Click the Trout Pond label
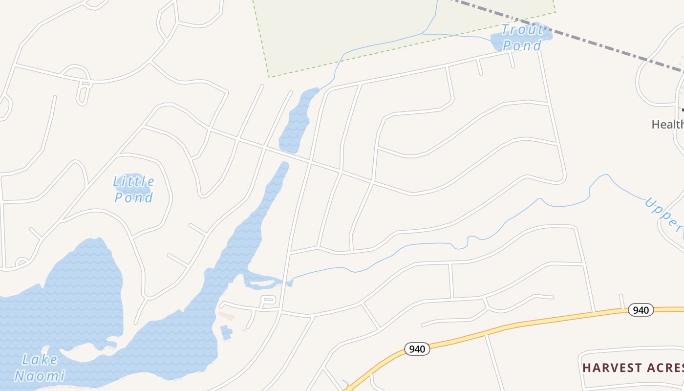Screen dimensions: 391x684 pyautogui.click(x=522, y=38)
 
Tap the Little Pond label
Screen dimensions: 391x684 pyautogui.click(x=133, y=190)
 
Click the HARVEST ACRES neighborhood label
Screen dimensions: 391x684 pyautogui.click(x=633, y=368)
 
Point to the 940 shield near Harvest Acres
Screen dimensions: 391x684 pyautogui.click(x=640, y=310)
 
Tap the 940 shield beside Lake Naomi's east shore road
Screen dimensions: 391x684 pyautogui.click(x=417, y=349)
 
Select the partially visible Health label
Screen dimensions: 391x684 pyautogui.click(x=667, y=124)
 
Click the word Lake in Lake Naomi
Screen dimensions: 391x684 pyautogui.click(x=40, y=360)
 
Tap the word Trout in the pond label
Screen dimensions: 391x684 pyautogui.click(x=522, y=30)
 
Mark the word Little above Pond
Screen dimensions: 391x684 pyautogui.click(x=133, y=182)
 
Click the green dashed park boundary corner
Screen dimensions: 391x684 pyautogui.click(x=269, y=77)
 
